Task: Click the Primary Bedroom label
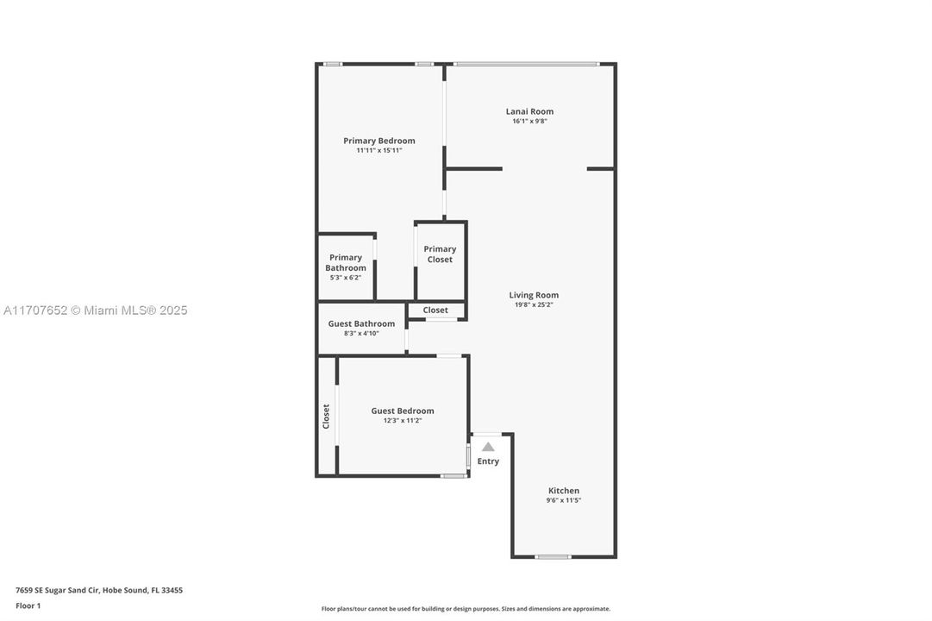click(x=379, y=141)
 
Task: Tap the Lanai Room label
click(x=529, y=111)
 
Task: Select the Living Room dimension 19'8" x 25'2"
click(x=534, y=304)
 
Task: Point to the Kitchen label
click(x=564, y=491)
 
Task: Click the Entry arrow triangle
click(x=488, y=447)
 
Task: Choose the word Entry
click(x=488, y=461)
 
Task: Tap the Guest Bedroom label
click(x=403, y=411)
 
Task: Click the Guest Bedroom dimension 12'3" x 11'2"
click(x=403, y=421)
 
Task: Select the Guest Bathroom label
click(x=361, y=323)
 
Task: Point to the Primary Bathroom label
click(x=346, y=262)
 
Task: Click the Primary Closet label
click(x=440, y=254)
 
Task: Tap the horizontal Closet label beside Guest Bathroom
click(x=435, y=310)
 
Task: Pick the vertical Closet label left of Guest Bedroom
click(x=326, y=417)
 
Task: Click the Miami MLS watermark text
click(x=95, y=310)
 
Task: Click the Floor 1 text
click(x=28, y=605)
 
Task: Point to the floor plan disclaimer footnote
click(x=466, y=609)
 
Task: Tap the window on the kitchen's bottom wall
click(x=553, y=557)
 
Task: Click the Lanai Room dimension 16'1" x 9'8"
click(x=529, y=122)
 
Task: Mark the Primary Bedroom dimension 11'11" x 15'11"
click(x=379, y=151)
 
